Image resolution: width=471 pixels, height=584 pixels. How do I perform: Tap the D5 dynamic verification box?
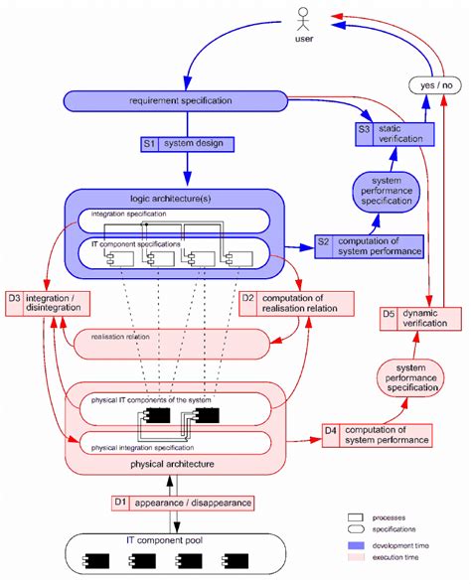[x=422, y=319]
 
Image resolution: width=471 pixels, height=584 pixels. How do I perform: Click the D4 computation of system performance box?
[x=378, y=433]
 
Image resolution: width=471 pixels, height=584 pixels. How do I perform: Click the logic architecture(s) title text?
[x=176, y=199]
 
